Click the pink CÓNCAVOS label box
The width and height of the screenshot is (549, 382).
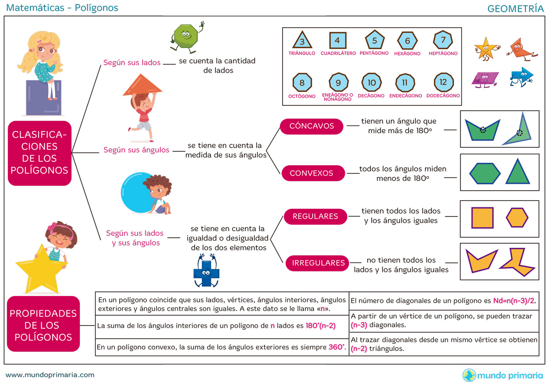312,126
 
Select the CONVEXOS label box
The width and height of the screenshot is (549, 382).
311,173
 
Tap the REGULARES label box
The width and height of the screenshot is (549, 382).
315,216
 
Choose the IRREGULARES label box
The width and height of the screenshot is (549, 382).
318,263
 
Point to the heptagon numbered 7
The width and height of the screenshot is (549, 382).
443,40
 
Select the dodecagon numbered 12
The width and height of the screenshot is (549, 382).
443,83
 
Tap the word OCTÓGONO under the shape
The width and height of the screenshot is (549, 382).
302,96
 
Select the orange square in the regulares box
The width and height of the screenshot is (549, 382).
482,218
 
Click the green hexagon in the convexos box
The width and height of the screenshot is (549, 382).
484,173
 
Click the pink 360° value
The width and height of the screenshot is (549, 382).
337,347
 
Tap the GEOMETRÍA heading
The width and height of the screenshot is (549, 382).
515,8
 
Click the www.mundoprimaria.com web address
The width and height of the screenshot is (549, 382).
50,375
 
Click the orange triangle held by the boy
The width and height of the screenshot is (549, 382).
142,85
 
